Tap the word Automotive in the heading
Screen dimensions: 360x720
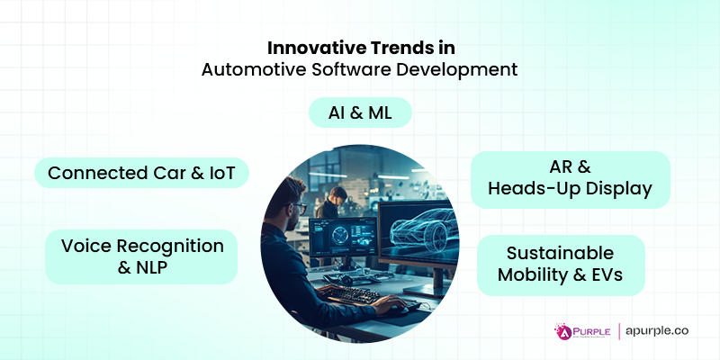click(x=247, y=70)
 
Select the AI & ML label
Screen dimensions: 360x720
click(x=360, y=113)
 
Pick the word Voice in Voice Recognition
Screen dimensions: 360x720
click(x=85, y=246)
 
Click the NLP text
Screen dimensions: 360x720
click(x=157, y=267)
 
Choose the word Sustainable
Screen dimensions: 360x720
click(x=560, y=253)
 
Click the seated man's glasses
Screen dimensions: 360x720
click(x=300, y=209)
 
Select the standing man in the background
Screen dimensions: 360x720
click(x=335, y=207)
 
